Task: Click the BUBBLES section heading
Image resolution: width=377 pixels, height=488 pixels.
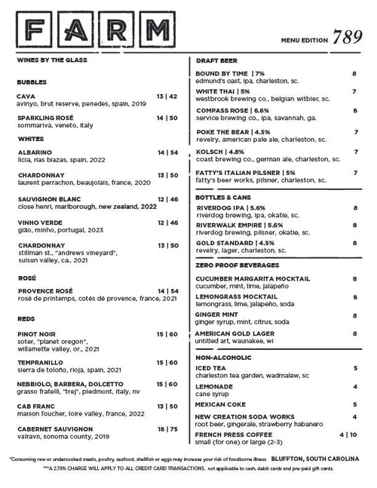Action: pos(31,81)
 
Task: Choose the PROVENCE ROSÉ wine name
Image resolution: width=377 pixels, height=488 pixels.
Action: pos(44,290)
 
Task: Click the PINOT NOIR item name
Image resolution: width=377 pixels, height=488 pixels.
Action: pos(35,333)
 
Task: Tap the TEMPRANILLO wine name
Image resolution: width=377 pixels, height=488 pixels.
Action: pos(39,362)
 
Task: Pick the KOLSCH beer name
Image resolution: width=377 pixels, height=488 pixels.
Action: pos(210,152)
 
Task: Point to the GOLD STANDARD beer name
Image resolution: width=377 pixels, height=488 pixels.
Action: pos(224,244)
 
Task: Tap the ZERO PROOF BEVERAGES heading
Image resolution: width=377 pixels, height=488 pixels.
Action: pos(237,265)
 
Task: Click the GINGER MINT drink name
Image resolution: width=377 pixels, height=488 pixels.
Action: pos(218,314)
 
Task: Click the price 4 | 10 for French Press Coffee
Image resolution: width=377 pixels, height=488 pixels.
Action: pos(347,434)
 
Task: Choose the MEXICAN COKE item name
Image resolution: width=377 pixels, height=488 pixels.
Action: pos(220,404)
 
